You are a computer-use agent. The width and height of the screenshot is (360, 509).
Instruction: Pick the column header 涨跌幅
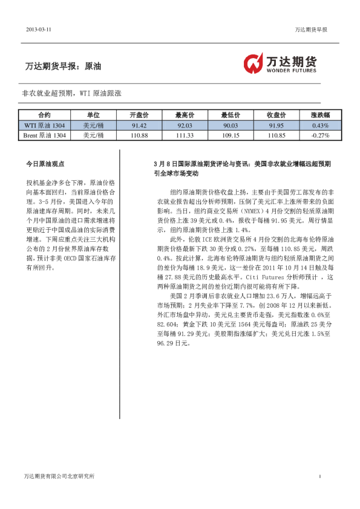[x=320, y=115]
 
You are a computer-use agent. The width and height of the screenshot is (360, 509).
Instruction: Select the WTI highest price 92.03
[x=185, y=125]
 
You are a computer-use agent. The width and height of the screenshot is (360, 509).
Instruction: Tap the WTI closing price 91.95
[x=276, y=125]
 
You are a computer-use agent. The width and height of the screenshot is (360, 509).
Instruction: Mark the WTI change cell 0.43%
[x=320, y=125]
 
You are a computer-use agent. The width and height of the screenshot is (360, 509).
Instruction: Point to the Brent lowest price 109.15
[x=231, y=135]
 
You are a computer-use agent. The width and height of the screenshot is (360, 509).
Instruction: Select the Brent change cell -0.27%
[x=320, y=135]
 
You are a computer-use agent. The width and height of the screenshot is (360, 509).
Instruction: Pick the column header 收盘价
[x=276, y=115]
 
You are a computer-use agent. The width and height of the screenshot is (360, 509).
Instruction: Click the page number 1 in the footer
[x=319, y=476]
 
